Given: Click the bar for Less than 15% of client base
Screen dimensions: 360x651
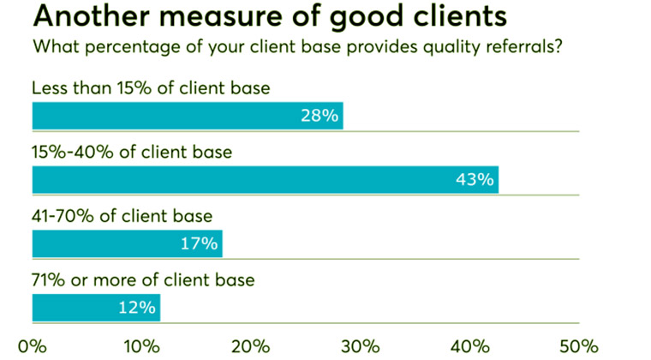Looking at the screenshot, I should pos(187,116).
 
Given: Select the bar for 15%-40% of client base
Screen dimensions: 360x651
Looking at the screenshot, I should pos(265,180).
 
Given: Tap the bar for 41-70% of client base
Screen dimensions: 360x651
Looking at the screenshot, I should pos(127,243).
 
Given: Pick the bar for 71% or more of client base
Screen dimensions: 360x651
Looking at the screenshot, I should pos(96,307).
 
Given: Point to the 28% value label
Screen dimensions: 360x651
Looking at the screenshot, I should pos(318,116).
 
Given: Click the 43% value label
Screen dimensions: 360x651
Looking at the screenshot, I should pos(474,180).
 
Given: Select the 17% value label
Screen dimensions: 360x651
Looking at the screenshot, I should pos(198,243).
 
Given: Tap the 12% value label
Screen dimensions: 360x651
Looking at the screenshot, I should pos(137,307).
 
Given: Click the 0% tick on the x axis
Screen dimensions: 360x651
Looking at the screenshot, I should pos(33,346).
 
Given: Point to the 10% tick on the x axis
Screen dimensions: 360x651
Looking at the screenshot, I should pos(141,346).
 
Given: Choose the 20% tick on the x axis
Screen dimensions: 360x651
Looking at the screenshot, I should pos(251,346).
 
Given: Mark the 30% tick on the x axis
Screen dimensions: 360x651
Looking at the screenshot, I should pos(360,346).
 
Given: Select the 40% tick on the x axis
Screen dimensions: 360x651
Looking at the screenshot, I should pos(469,346).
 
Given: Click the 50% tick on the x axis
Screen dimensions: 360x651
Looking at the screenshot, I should pos(578,346).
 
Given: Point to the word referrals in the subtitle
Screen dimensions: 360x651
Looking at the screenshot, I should pos(523,47).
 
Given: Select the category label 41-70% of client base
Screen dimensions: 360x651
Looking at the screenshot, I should pos(121,217).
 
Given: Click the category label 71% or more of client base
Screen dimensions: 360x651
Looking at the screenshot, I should pos(142,280).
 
